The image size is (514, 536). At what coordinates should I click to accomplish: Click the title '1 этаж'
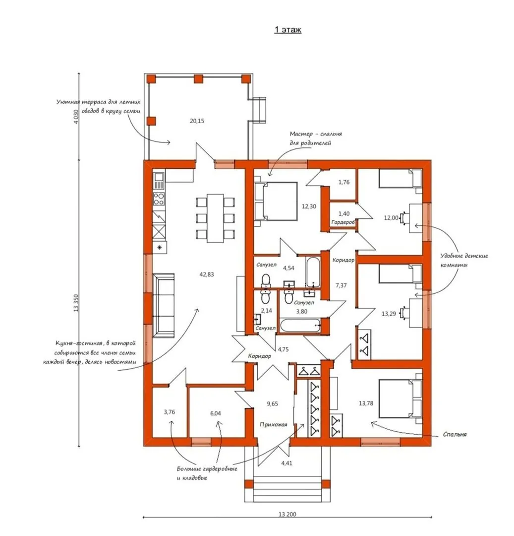[287, 30]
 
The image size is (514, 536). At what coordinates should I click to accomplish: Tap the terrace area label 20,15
[197, 121]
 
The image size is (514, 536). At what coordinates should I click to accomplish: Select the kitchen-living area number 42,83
[207, 274]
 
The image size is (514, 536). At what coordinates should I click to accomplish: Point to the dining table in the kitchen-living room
[215, 218]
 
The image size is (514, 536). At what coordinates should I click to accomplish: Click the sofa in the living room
[164, 305]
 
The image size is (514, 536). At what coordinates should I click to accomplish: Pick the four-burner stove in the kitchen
[159, 199]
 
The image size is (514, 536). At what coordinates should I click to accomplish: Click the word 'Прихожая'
[274, 424]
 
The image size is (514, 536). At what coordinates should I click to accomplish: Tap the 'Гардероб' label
[343, 222]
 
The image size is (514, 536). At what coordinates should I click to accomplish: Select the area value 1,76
[344, 182]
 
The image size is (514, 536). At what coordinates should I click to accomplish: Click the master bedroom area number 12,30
[309, 206]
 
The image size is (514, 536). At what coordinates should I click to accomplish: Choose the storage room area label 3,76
[170, 412]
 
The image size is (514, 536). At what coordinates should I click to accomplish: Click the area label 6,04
[215, 413]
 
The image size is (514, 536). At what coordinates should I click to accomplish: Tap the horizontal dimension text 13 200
[287, 514]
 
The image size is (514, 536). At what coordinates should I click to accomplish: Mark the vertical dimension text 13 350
[76, 303]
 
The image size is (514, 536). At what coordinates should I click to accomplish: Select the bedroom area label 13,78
[366, 403]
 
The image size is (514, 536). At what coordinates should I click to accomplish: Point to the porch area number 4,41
[286, 463]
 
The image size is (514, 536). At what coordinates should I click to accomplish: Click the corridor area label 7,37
[341, 285]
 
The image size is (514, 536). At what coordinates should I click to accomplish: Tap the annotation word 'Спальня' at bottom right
[455, 434]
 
